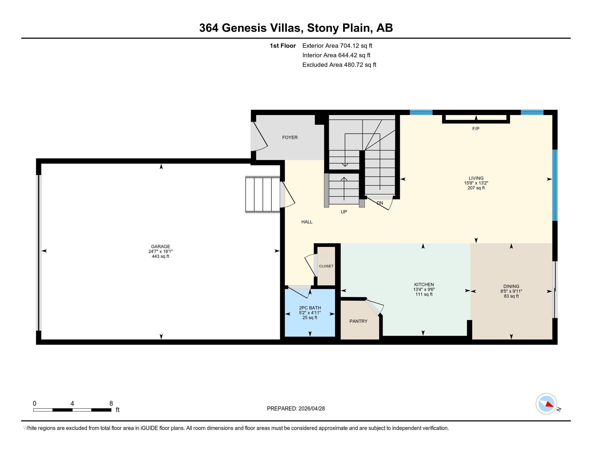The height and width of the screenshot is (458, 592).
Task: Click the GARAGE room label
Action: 160,247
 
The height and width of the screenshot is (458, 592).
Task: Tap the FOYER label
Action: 290,138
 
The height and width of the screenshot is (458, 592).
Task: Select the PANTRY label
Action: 358,321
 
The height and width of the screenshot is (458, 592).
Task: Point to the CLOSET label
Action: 326,266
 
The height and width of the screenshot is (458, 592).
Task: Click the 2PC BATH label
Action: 310,308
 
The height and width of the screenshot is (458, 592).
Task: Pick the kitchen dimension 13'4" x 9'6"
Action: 424,290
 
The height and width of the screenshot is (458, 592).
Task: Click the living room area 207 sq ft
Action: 476,188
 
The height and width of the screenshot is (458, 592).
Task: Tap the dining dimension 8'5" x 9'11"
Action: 511,291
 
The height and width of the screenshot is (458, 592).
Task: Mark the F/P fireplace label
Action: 476,129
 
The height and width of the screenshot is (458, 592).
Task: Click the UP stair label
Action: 344,212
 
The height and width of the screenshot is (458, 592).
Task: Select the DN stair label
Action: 380,203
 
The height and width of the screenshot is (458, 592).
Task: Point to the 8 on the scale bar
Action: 111,404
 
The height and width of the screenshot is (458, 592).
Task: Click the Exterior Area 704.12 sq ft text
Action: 337,46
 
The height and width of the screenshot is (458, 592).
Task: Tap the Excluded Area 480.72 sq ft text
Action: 339,65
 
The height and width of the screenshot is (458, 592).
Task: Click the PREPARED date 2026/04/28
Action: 311,409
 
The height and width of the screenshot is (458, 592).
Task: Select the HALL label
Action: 307,222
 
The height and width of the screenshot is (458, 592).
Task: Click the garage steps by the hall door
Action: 263,195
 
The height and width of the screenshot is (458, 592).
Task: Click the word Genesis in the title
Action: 244,28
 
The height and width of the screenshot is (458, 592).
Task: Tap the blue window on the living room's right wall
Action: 555,185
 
